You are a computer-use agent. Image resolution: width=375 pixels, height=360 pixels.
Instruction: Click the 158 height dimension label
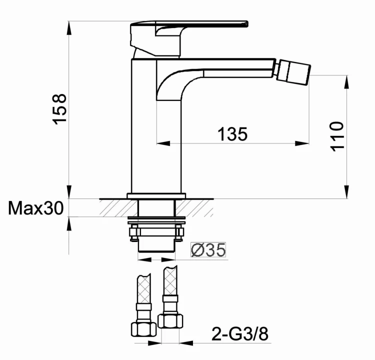tap(59, 109)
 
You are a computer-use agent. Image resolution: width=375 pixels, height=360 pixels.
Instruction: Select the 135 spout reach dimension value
tap(232, 134)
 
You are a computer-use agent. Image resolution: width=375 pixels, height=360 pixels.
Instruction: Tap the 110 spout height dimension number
tap(337, 135)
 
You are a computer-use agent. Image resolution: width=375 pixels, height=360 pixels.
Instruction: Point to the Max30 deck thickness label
tap(35, 207)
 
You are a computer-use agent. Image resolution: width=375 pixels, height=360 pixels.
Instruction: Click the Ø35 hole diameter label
tap(208, 248)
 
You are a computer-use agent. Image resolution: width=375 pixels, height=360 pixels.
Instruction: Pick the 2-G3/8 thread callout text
tap(240, 333)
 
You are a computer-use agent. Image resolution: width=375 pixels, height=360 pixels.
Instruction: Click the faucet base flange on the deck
tap(156, 195)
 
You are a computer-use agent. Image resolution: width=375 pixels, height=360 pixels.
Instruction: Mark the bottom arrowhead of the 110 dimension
tap(346, 193)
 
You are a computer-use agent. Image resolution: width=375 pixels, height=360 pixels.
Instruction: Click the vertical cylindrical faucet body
tap(155, 130)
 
